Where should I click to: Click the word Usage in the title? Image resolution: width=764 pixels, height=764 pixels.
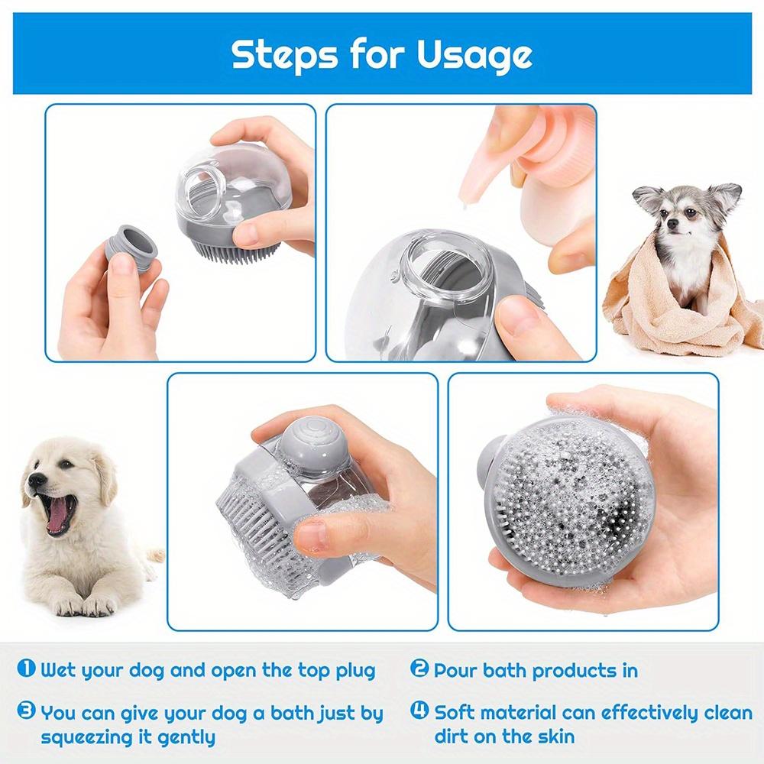tap(474, 55)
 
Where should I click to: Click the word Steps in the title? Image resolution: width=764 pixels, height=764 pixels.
tap(286, 55)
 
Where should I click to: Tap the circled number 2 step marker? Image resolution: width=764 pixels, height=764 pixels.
tap(419, 669)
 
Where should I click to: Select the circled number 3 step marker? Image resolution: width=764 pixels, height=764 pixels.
tap(26, 712)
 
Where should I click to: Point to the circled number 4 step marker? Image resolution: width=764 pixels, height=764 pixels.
tap(419, 712)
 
